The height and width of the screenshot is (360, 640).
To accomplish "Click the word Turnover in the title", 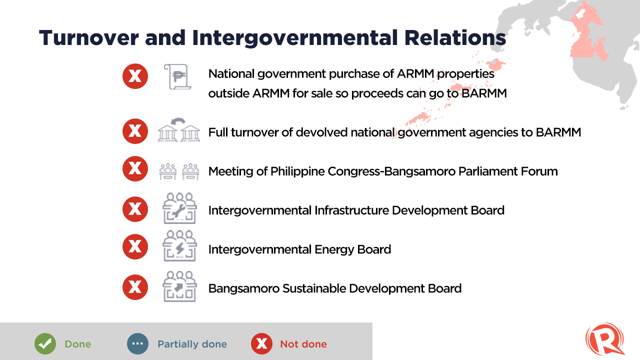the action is point(89,37).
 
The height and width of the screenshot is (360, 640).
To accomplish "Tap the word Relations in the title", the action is point(455,37).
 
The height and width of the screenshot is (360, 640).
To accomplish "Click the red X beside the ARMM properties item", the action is point(135,76).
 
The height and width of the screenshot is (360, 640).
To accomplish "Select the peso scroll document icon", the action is point(177,77).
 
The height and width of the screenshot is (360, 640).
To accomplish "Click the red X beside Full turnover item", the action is point(135,131).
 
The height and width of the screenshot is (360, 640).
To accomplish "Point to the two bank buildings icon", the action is point(179,130).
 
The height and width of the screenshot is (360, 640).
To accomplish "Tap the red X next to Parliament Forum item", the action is point(135,168).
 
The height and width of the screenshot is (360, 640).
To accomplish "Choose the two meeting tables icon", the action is point(179,171).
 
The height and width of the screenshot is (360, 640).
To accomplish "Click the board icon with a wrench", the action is point(179,208).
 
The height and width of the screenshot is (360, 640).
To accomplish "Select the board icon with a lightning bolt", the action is point(179,246).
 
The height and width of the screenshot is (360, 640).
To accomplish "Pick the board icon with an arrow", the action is point(179,286).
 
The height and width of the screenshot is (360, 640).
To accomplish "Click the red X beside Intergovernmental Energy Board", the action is point(135,246).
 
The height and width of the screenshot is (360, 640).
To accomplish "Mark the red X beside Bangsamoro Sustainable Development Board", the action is point(135,287).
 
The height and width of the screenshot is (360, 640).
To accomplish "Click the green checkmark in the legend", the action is point(45,343).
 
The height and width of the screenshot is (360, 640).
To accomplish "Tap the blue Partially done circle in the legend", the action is point(137,343).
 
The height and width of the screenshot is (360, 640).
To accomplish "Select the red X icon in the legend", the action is point(261,343).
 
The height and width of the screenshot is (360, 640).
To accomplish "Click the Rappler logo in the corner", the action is point(605,339).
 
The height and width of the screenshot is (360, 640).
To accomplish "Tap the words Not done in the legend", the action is point(303,344).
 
